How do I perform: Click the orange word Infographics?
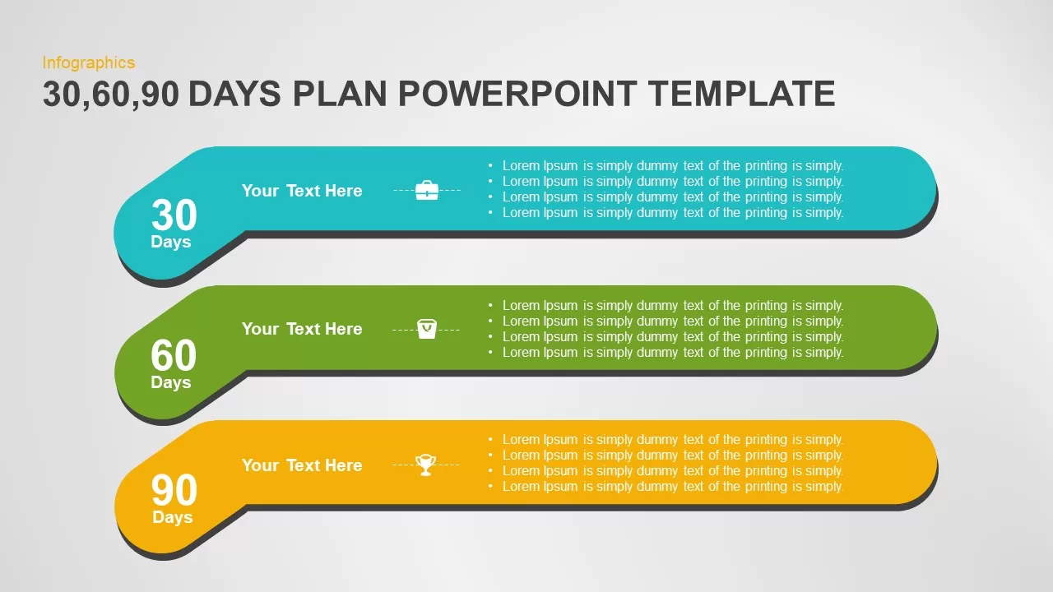tap(89, 63)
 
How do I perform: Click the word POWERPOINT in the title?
tap(517, 94)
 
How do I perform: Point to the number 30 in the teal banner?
tap(174, 215)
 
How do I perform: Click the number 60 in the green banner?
tap(174, 355)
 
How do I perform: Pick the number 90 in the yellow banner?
tap(174, 490)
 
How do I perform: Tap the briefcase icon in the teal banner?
tap(427, 190)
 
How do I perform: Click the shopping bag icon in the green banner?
tap(427, 329)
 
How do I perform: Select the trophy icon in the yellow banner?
tap(426, 465)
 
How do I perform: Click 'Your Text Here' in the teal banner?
tap(302, 191)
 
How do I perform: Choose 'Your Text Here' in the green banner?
tap(302, 329)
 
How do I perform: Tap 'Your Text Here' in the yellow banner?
tap(302, 465)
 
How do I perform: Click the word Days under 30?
tap(170, 242)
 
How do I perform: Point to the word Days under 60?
tap(170, 382)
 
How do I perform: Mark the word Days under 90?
tap(172, 517)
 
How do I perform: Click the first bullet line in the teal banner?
tap(666, 166)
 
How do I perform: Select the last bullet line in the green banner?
tap(666, 353)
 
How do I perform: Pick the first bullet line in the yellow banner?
tap(666, 440)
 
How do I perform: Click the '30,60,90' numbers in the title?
tap(111, 95)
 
